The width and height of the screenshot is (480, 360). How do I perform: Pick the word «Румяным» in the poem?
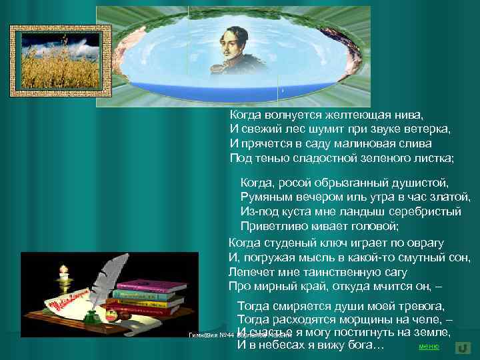[264, 197]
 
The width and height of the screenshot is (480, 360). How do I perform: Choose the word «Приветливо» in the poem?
[272, 226]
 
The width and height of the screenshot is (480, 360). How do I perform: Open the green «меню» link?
[428, 347]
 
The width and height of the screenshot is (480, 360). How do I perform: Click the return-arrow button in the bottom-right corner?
[461, 347]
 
